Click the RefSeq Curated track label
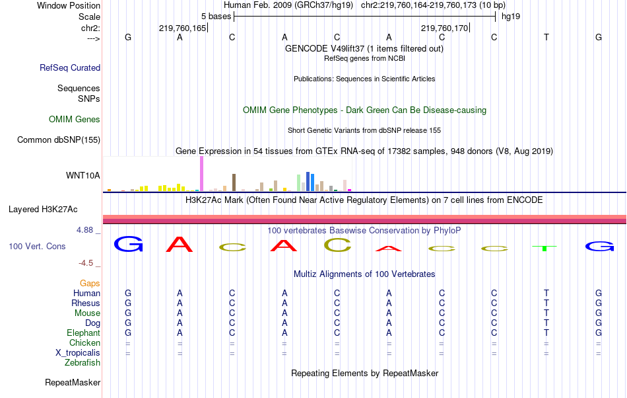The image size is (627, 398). point(70,67)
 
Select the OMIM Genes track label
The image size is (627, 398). point(75,120)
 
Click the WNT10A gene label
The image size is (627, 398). point(83,175)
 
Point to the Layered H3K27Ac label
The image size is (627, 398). point(43,210)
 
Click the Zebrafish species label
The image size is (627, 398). point(82,363)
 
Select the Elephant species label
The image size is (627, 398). point(83,333)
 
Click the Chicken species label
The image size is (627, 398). point(84,343)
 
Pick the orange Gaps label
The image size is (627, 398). point(90,283)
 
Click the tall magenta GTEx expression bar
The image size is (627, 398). point(201,175)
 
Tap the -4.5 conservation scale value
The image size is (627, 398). point(88,262)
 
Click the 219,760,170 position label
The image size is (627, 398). point(444,28)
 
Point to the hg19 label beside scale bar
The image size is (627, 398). point(511,16)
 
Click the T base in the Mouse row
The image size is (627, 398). point(546,313)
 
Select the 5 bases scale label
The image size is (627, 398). point(216,16)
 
